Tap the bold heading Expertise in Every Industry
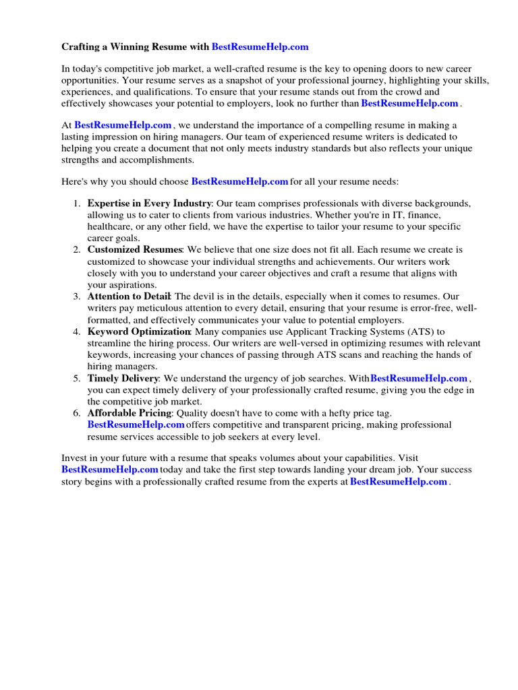click(150, 203)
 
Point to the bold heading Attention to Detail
click(129, 296)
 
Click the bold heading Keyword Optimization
click(139, 332)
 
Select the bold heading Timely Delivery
click(123, 379)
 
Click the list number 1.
click(77, 203)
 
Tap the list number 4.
click(77, 332)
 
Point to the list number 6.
click(77, 413)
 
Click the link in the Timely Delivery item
click(419, 379)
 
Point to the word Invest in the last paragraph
click(74, 458)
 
